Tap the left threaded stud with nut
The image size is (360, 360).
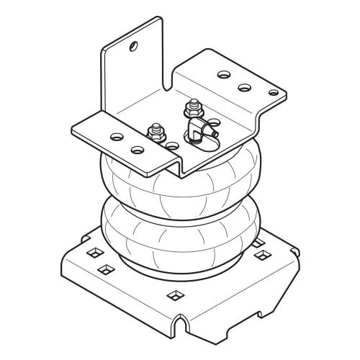(x=153, y=134)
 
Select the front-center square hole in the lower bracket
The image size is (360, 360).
(x=175, y=294)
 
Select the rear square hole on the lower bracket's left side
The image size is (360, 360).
(x=91, y=254)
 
